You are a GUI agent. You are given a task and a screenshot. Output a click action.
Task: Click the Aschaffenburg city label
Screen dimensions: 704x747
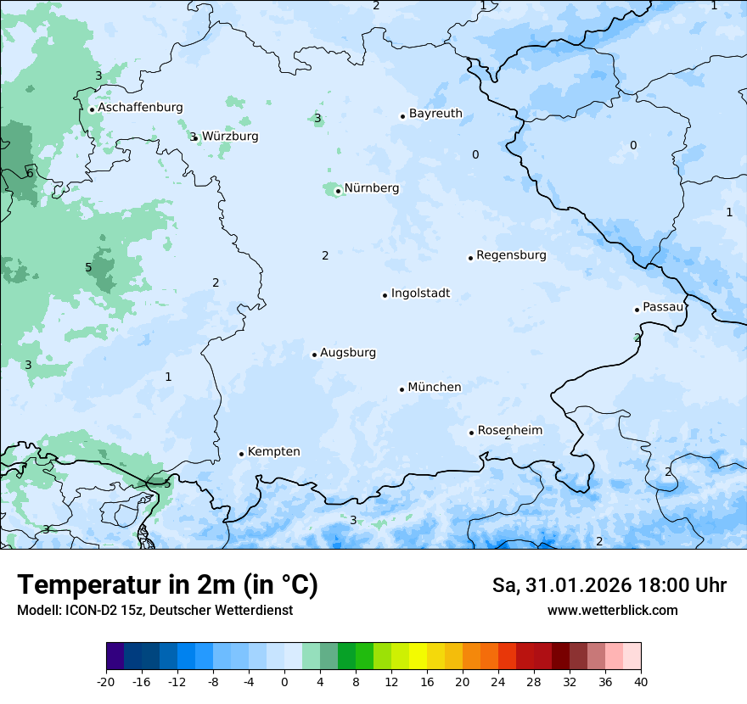pyautogui.click(x=140, y=108)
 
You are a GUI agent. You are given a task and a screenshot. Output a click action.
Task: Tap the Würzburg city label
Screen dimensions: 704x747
pyautogui.click(x=230, y=137)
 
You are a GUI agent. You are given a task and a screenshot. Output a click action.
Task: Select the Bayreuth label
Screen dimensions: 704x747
pyautogui.click(x=435, y=114)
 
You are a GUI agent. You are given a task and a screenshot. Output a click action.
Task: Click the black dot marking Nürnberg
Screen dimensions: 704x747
pyautogui.click(x=338, y=191)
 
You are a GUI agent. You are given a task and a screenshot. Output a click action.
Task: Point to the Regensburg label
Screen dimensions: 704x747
pyautogui.click(x=511, y=255)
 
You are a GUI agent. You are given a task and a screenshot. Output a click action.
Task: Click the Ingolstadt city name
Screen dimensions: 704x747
pyautogui.click(x=420, y=293)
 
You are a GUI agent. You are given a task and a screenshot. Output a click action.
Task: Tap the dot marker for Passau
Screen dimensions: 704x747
pyautogui.click(x=637, y=310)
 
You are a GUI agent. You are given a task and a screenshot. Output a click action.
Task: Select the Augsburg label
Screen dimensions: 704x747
pyautogui.click(x=348, y=353)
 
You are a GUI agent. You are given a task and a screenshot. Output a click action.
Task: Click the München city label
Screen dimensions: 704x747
pyautogui.click(x=435, y=388)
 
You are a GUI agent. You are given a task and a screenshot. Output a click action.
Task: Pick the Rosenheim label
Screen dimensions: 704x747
pyautogui.click(x=509, y=431)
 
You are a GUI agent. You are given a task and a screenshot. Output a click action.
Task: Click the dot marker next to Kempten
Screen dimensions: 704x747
pyautogui.click(x=241, y=454)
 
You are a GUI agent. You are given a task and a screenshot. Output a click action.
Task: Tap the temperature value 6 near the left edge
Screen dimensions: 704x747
pyautogui.click(x=30, y=173)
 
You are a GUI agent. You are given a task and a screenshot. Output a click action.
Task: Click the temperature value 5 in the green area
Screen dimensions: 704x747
pyautogui.click(x=88, y=267)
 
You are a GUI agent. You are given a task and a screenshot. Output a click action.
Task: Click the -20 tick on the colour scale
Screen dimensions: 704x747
pyautogui.click(x=106, y=681)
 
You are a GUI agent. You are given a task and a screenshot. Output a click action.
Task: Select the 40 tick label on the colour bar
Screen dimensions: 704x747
pyautogui.click(x=641, y=681)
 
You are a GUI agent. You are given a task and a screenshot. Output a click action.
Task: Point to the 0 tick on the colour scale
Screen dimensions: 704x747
pyautogui.click(x=284, y=681)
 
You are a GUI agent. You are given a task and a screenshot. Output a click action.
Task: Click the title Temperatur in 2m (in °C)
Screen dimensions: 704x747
pyautogui.click(x=167, y=585)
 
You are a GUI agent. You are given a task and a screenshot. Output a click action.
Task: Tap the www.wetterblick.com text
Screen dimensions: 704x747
pyautogui.click(x=612, y=610)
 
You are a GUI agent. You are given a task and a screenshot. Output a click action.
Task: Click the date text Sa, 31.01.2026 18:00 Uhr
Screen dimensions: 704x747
pyautogui.click(x=609, y=585)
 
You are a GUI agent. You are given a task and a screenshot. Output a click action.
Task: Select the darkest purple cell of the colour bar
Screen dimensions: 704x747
pyautogui.click(x=115, y=657)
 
